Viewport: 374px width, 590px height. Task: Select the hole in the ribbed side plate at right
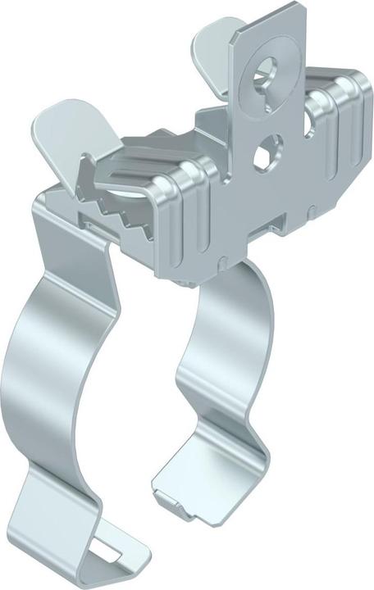point(311,123)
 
